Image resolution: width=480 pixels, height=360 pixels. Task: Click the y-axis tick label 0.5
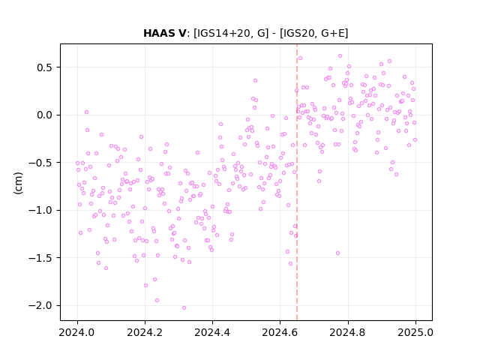pyautogui.click(x=44, y=67)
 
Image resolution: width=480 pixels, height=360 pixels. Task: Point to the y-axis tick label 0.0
pyautogui.click(x=44, y=115)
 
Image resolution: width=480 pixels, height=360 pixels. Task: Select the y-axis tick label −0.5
pyautogui.click(x=40, y=163)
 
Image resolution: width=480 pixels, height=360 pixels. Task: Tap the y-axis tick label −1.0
pyautogui.click(x=40, y=211)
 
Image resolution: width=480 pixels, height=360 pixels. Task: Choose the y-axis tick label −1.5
pyautogui.click(x=40, y=258)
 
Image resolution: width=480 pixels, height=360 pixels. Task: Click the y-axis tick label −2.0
pyautogui.click(x=40, y=306)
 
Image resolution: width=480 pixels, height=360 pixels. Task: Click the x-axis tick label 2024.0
pyautogui.click(x=77, y=332)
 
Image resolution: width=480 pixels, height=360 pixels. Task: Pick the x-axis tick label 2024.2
pyautogui.click(x=145, y=332)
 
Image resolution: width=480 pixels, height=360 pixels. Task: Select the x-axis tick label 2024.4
pyautogui.click(x=212, y=332)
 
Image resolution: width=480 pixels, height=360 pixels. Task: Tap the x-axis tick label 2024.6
pyautogui.click(x=280, y=332)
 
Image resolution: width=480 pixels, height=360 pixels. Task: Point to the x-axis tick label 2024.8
pyautogui.click(x=348, y=332)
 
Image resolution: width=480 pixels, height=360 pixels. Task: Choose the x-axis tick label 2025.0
pyautogui.click(x=415, y=332)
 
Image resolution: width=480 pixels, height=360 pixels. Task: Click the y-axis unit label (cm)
pyautogui.click(x=18, y=183)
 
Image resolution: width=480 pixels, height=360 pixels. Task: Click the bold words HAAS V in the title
pyautogui.click(x=164, y=33)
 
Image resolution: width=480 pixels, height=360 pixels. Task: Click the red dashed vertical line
pyautogui.click(x=297, y=182)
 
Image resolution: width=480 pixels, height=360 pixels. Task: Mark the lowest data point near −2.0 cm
pyautogui.click(x=184, y=308)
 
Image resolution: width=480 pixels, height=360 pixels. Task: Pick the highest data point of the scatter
pyautogui.click(x=340, y=56)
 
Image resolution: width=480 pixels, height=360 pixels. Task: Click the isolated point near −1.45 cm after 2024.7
pyautogui.click(x=337, y=253)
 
